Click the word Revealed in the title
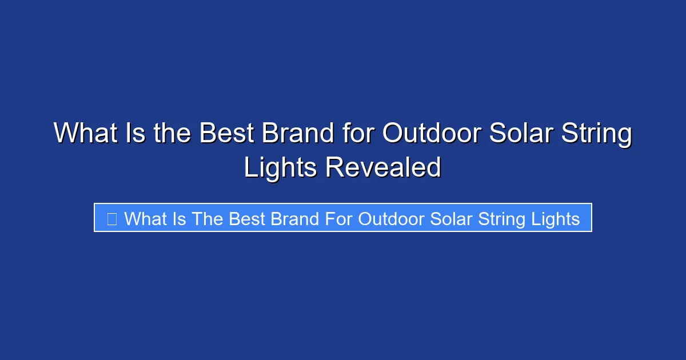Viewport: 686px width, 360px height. (383, 167)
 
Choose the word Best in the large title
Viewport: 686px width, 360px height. (226, 134)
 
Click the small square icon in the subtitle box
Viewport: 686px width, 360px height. (112, 218)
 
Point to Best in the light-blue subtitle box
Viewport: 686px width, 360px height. (245, 218)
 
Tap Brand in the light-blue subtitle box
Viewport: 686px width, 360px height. (294, 218)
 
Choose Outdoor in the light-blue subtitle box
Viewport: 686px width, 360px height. (392, 218)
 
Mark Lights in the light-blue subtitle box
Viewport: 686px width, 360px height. (558, 218)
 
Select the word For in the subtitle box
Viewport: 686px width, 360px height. (340, 218)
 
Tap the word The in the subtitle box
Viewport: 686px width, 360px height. (208, 218)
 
